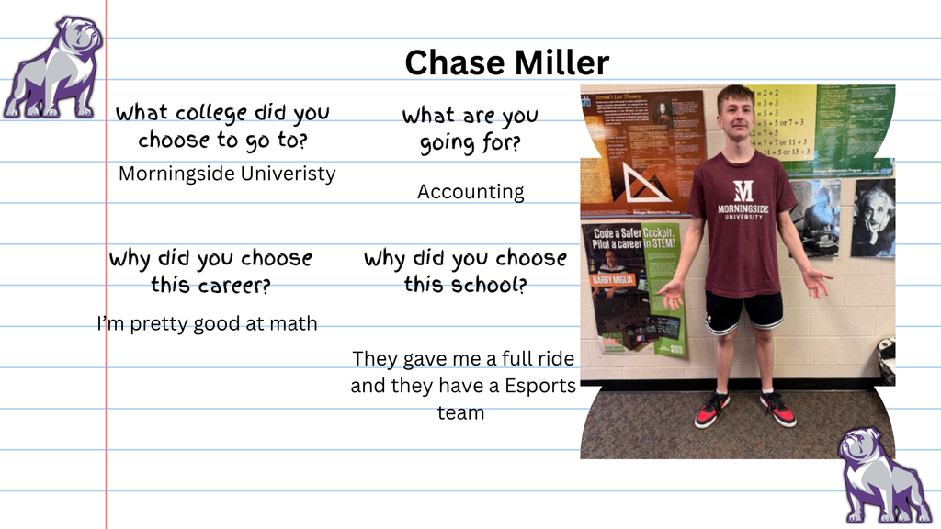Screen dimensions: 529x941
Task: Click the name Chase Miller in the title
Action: pyautogui.click(x=506, y=62)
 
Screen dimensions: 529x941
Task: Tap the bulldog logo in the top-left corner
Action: pyautogui.click(x=53, y=68)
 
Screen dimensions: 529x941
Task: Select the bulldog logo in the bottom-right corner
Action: pyautogui.click(x=883, y=475)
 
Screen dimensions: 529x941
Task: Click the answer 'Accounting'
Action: pyautogui.click(x=470, y=192)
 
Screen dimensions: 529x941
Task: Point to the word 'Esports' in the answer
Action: pyautogui.click(x=540, y=386)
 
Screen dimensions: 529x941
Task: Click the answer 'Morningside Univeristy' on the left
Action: pyautogui.click(x=227, y=174)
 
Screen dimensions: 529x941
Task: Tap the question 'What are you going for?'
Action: pyautogui.click(x=470, y=129)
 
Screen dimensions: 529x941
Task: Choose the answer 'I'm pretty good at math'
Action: pyautogui.click(x=207, y=323)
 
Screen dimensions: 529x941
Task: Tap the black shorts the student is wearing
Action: pyautogui.click(x=743, y=311)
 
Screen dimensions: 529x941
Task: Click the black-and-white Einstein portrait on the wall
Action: pyautogui.click(x=874, y=219)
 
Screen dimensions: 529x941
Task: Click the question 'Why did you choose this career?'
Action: pyautogui.click(x=210, y=271)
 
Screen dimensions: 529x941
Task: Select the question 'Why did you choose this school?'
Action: pyautogui.click(x=465, y=271)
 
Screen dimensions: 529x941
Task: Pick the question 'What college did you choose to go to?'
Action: pyautogui.click(x=222, y=126)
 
